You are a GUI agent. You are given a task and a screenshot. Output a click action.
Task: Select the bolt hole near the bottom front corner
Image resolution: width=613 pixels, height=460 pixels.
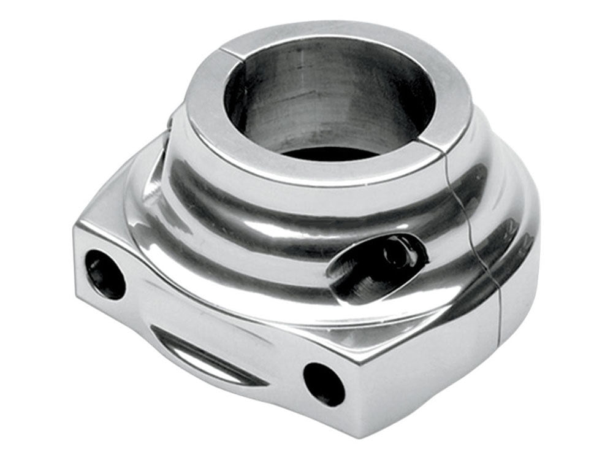coord(324,383)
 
